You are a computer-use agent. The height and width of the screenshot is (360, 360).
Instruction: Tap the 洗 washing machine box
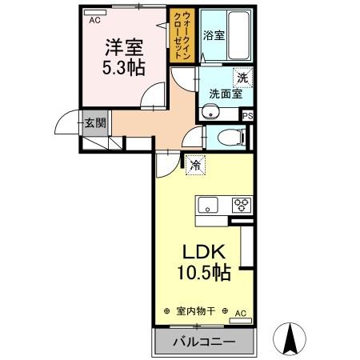pos(242,78)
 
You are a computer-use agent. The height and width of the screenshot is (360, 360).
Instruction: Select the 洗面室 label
pos(225,94)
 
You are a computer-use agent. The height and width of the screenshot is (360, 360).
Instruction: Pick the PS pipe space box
pos(248,115)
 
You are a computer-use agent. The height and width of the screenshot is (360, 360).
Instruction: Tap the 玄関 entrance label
pos(95,123)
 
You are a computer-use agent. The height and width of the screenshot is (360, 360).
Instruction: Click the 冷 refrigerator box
pos(194,166)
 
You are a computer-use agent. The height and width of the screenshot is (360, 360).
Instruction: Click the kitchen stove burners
pos(240,205)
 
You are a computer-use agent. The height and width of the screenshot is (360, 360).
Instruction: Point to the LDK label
pos(204,251)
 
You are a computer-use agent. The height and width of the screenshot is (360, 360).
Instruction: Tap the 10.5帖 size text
pos(204,273)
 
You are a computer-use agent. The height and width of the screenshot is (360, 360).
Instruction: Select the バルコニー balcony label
pos(204,342)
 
